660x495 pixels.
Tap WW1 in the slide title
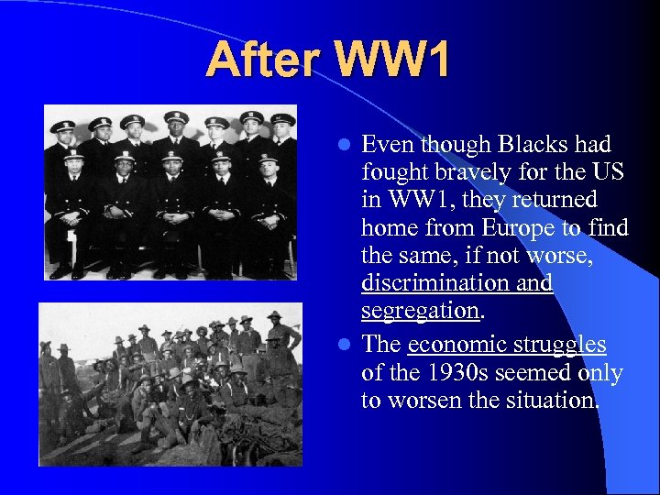click(394, 60)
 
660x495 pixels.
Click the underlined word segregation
click(420, 311)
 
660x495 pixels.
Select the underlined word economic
click(456, 345)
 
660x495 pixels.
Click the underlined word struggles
click(560, 345)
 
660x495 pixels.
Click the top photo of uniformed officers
click(170, 192)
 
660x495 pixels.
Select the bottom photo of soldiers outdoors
click(170, 384)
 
